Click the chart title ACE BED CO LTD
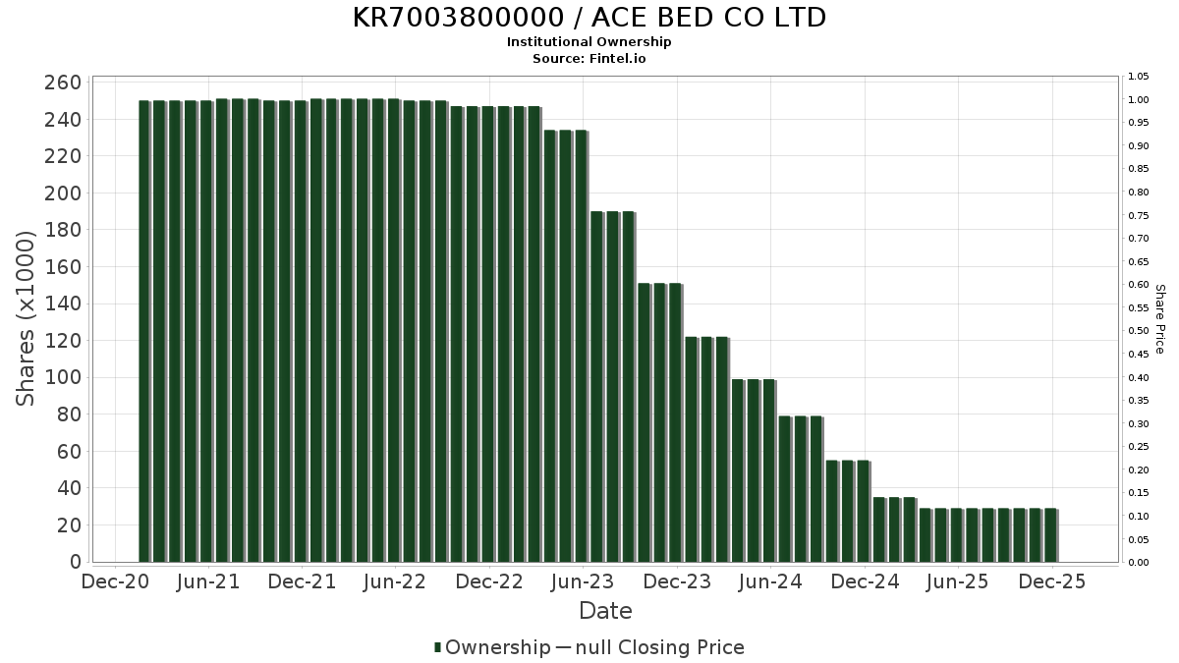[x=589, y=18]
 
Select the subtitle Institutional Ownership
[x=589, y=42]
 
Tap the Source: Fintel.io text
[x=589, y=58]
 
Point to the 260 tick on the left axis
[x=63, y=83]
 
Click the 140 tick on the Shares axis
[x=63, y=304]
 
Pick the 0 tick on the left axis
[x=75, y=562]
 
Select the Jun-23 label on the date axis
[x=583, y=581]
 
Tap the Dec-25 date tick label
[x=1052, y=581]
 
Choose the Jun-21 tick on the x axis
[x=207, y=581]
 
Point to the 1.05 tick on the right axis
[x=1139, y=77]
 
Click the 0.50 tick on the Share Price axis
[x=1139, y=331]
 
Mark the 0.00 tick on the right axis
[x=1139, y=563]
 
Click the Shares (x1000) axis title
[x=27, y=317]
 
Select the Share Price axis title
[x=1159, y=319]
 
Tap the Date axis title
[x=605, y=611]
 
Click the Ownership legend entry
[x=492, y=647]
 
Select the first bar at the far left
[x=144, y=331]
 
